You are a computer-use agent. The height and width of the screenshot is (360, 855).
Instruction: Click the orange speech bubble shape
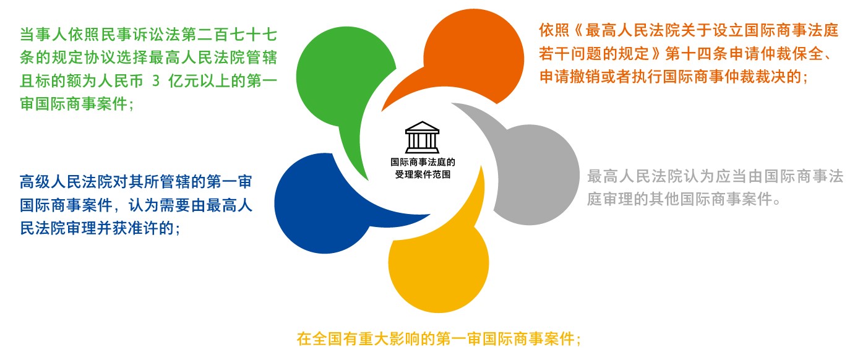(473, 58)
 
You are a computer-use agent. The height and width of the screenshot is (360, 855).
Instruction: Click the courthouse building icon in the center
(422, 137)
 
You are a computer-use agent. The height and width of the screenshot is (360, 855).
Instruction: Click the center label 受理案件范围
(423, 174)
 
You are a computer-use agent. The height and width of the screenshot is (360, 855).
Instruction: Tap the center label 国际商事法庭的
(423, 162)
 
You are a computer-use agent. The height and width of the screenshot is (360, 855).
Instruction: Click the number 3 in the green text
(156, 81)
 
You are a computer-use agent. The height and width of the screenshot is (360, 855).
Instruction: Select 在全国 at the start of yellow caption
(320, 338)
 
